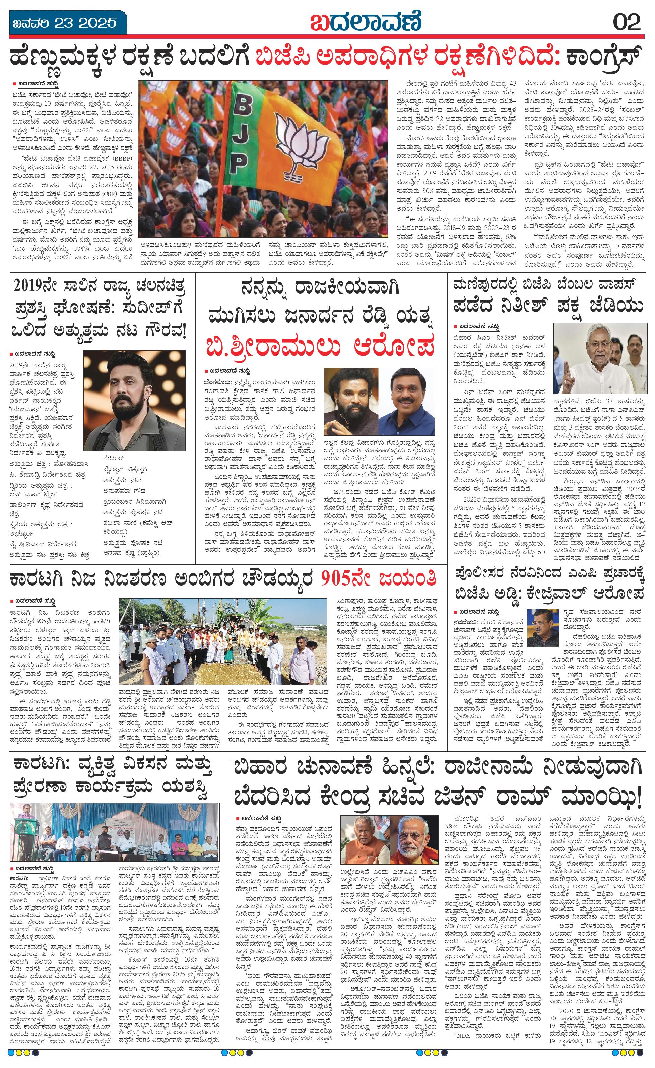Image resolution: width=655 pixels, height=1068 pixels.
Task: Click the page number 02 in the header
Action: [x=627, y=22]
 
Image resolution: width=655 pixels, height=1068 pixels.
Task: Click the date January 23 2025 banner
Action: [x=65, y=22]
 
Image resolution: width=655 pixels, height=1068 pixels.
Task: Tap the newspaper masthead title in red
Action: [x=366, y=21]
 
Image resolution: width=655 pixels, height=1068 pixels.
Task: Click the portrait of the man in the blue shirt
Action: [x=407, y=401]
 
